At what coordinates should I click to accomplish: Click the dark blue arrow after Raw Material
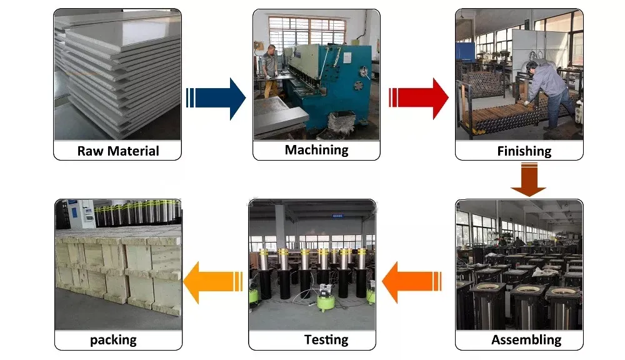pos(216,99)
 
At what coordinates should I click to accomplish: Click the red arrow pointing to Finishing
pos(419,99)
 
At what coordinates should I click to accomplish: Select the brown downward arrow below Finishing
pos(529,179)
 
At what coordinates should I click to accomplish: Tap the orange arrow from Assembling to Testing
pos(412,282)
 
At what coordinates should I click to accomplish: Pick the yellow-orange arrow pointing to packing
pos(213,282)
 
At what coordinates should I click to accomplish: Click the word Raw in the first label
pos(90,151)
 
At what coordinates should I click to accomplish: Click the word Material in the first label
pos(133,151)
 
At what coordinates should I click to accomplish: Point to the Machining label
pos(316,150)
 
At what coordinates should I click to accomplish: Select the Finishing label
pos(524,151)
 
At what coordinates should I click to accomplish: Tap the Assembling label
pos(526,339)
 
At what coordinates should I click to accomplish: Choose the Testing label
pos(326,339)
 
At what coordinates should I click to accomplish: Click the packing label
pos(113,340)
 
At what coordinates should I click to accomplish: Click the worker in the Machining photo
pos(270,71)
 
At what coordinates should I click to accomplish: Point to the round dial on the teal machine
pos(364,71)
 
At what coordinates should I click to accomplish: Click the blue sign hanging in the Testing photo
pos(337,216)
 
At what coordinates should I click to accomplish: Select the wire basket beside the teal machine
pos(342,122)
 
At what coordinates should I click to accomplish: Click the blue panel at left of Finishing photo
pos(465,52)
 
